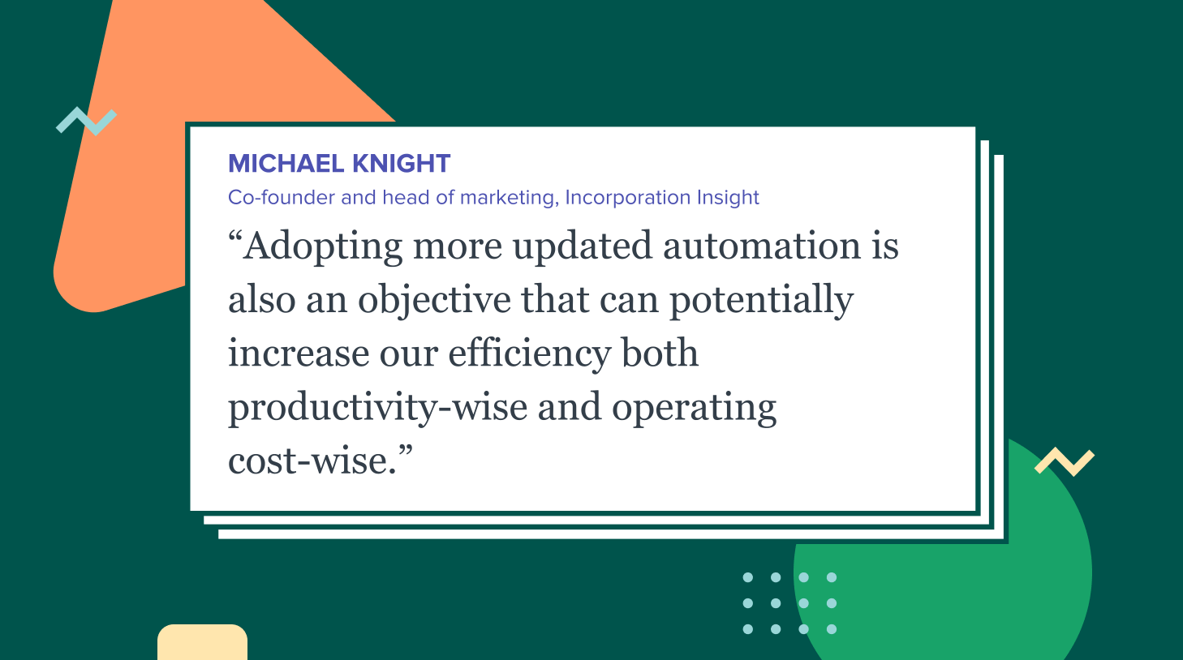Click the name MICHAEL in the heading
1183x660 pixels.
[x=286, y=164]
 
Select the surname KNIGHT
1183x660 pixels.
[x=402, y=164]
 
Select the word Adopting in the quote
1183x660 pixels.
[x=322, y=247]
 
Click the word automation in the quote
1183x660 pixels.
[x=762, y=246]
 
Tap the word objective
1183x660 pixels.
[x=434, y=301]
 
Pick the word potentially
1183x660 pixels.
[x=762, y=301]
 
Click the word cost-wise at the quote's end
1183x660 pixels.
[x=312, y=461]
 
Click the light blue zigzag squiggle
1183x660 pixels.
[x=87, y=121]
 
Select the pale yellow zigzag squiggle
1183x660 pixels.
[x=1065, y=461]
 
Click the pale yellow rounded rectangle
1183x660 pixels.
[x=202, y=642]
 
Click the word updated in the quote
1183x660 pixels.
[x=583, y=247]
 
